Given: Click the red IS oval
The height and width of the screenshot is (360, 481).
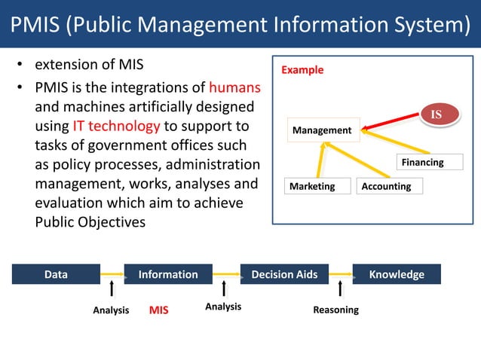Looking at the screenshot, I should (x=435, y=114).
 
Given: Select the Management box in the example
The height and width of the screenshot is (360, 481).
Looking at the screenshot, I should (x=322, y=130).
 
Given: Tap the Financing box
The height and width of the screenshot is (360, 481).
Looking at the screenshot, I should (x=422, y=162).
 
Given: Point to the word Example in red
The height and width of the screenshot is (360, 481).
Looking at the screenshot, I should (x=302, y=70).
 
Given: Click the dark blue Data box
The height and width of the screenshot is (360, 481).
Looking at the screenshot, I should (x=56, y=275).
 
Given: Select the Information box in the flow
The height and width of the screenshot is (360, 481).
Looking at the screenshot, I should (x=168, y=275).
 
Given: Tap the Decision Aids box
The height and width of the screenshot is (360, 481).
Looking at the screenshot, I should (x=284, y=275).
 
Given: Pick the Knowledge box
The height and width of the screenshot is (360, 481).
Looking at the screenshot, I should (x=397, y=275).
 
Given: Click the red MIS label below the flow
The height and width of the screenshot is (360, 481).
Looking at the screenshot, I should (x=158, y=310).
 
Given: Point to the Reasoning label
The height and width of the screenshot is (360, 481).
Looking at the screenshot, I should (x=335, y=310).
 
